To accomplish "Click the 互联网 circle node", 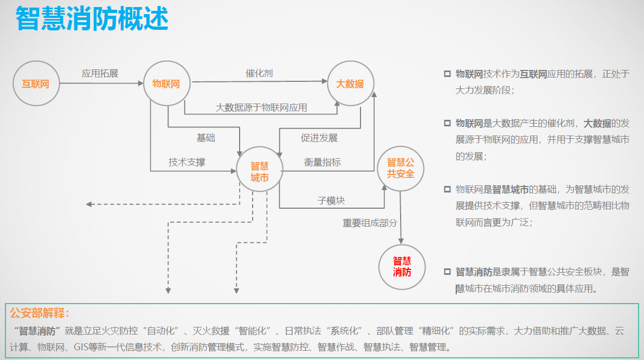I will tap(36, 83).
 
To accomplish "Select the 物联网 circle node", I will tap(166, 83).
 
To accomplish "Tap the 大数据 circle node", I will tap(350, 83).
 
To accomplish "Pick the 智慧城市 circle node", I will tap(259, 171).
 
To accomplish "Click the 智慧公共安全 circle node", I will tap(400, 169).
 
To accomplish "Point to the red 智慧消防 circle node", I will tap(402, 266).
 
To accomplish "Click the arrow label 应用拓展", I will tap(100, 73).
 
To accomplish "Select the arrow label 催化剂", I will tap(259, 73).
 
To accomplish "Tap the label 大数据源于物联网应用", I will tap(261, 107).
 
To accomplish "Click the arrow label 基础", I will tap(205, 138).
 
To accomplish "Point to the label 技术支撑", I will tap(186, 162).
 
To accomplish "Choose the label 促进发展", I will tap(319, 138).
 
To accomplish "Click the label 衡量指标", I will tap(322, 162).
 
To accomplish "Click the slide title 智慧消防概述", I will tap(92, 19).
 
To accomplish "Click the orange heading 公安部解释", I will tap(40, 313).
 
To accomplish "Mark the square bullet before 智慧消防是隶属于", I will tap(447, 271).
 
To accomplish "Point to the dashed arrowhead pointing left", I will tap(89, 204).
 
